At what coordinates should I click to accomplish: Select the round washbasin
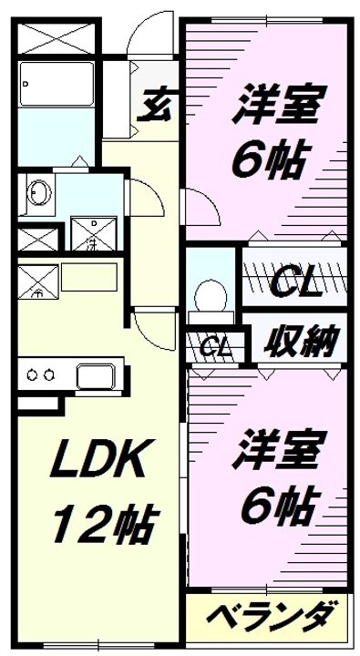pyautogui.click(x=40, y=193)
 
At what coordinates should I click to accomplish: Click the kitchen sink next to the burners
pyautogui.click(x=95, y=374)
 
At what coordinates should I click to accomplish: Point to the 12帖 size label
pyautogui.click(x=102, y=521)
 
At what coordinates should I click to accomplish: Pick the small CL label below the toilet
pyautogui.click(x=215, y=346)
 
